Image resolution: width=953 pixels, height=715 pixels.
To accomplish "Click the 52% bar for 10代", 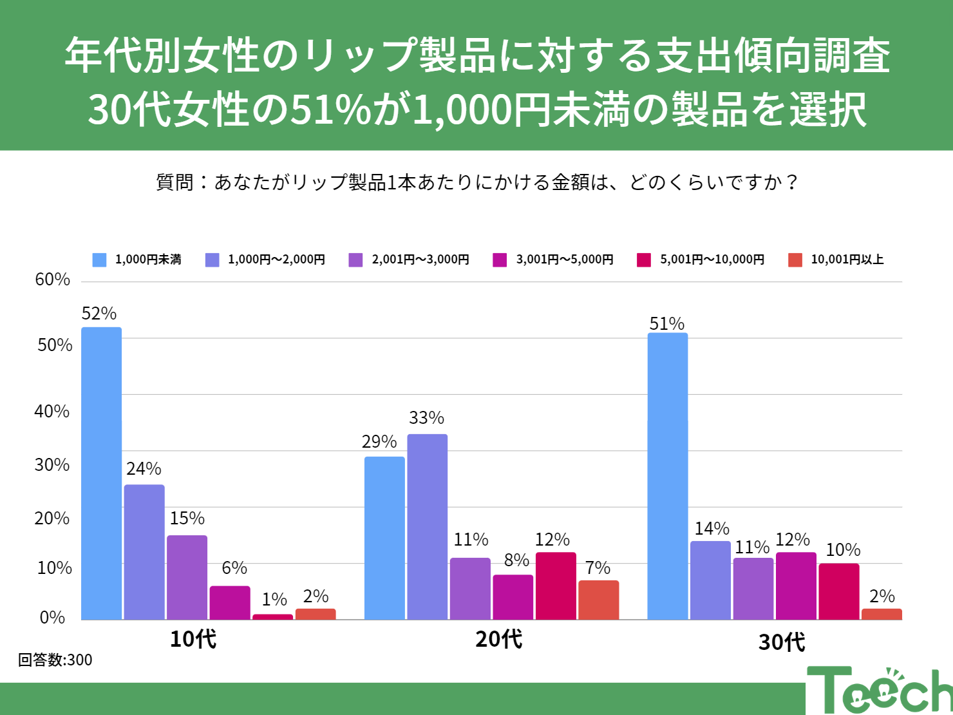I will [x=101, y=473].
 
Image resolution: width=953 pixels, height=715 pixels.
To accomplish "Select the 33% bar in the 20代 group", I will [x=427, y=527].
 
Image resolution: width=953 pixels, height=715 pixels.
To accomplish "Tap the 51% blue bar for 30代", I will [x=667, y=476].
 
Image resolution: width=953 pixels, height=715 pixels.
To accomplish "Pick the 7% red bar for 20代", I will [x=598, y=600].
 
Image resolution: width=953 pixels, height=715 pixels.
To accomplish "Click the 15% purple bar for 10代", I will [x=187, y=577].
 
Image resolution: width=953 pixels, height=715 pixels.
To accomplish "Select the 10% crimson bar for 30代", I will [x=838, y=591].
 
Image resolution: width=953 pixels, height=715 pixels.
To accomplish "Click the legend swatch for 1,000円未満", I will [x=99, y=260].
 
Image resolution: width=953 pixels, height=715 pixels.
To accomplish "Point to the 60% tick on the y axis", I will [x=53, y=280].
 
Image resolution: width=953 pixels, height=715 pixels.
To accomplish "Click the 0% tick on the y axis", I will [x=53, y=618].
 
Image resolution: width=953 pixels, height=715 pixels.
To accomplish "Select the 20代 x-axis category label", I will [x=499, y=639].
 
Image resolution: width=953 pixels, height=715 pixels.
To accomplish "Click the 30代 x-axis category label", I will [x=782, y=642].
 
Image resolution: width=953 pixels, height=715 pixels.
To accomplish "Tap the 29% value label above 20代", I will [x=379, y=442].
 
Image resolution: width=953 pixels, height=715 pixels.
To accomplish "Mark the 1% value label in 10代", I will [x=274, y=600].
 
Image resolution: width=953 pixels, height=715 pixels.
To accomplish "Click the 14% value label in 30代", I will [x=712, y=529].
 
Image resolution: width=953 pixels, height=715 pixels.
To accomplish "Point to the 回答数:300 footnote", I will [x=55, y=660].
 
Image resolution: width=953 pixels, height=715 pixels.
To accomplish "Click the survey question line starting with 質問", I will [x=476, y=182].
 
